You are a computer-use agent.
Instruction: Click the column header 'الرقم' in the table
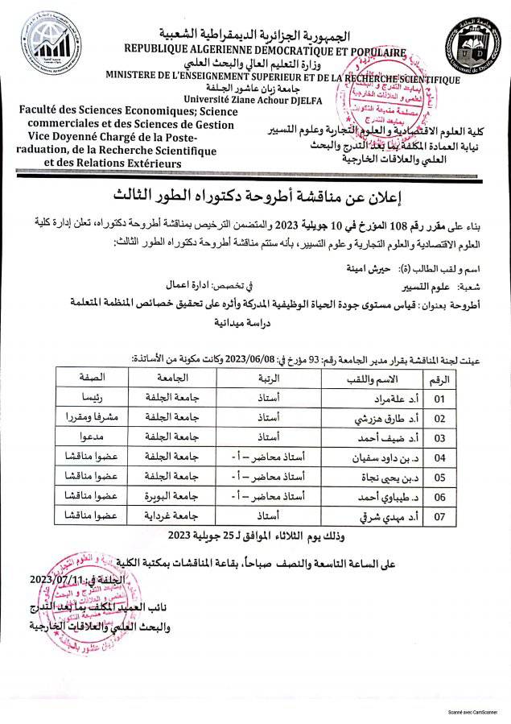point(439,376)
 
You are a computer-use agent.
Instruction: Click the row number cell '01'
point(439,398)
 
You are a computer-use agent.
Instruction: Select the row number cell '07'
point(439,513)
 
